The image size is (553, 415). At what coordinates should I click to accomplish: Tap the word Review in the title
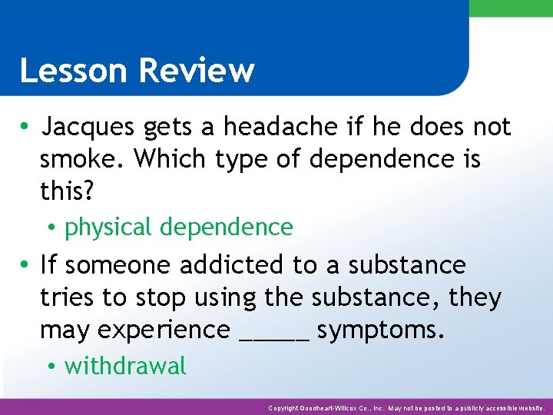coord(197,71)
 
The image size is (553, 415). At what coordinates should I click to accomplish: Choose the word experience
coord(134,330)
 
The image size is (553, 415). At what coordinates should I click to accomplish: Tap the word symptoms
coord(382,330)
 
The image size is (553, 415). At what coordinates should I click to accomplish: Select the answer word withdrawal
coord(125,367)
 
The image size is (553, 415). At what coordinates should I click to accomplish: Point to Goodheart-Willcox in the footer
coord(337,408)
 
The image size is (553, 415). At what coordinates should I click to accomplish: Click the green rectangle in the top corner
coord(511,8)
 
